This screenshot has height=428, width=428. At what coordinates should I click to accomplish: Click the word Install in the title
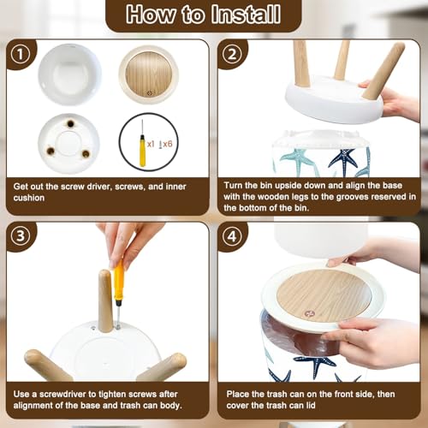[246, 15]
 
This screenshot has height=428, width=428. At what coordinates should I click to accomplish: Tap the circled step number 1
[21, 54]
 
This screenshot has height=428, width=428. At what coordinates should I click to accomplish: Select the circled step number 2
[232, 54]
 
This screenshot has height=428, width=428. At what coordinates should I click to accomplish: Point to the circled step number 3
[21, 236]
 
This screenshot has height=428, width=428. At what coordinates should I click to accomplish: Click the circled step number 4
[232, 236]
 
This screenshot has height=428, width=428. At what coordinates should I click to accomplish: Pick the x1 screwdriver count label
[151, 144]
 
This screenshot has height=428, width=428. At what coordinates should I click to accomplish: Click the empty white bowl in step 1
[69, 74]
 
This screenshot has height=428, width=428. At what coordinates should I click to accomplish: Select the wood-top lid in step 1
[149, 74]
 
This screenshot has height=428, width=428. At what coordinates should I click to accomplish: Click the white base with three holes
[68, 144]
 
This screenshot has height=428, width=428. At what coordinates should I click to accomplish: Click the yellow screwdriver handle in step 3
[119, 281]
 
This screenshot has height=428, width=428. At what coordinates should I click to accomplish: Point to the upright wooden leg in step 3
[105, 300]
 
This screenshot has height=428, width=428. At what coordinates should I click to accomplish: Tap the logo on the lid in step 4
[309, 313]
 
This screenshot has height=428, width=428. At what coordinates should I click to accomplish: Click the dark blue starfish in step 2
[343, 159]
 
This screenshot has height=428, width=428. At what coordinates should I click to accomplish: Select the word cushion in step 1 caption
[29, 198]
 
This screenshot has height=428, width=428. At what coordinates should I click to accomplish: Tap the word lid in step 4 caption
[311, 405]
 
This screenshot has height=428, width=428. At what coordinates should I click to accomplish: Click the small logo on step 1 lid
[150, 93]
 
